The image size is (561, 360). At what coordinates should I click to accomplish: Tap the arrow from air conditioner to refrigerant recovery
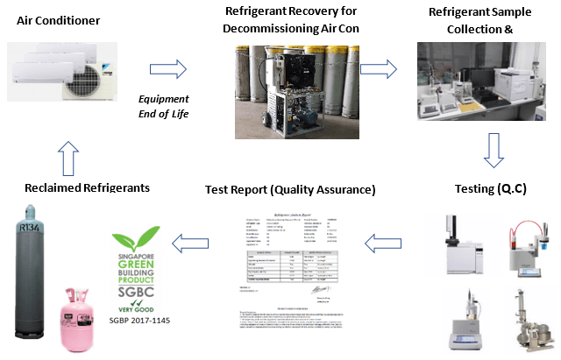pos(169,68)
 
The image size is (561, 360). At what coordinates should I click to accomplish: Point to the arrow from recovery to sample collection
pos(379,68)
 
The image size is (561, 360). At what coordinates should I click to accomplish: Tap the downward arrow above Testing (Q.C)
pos(493,148)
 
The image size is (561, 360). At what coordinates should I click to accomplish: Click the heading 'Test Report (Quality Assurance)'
pos(290,188)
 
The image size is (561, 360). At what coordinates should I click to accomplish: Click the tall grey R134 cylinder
pos(31,272)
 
